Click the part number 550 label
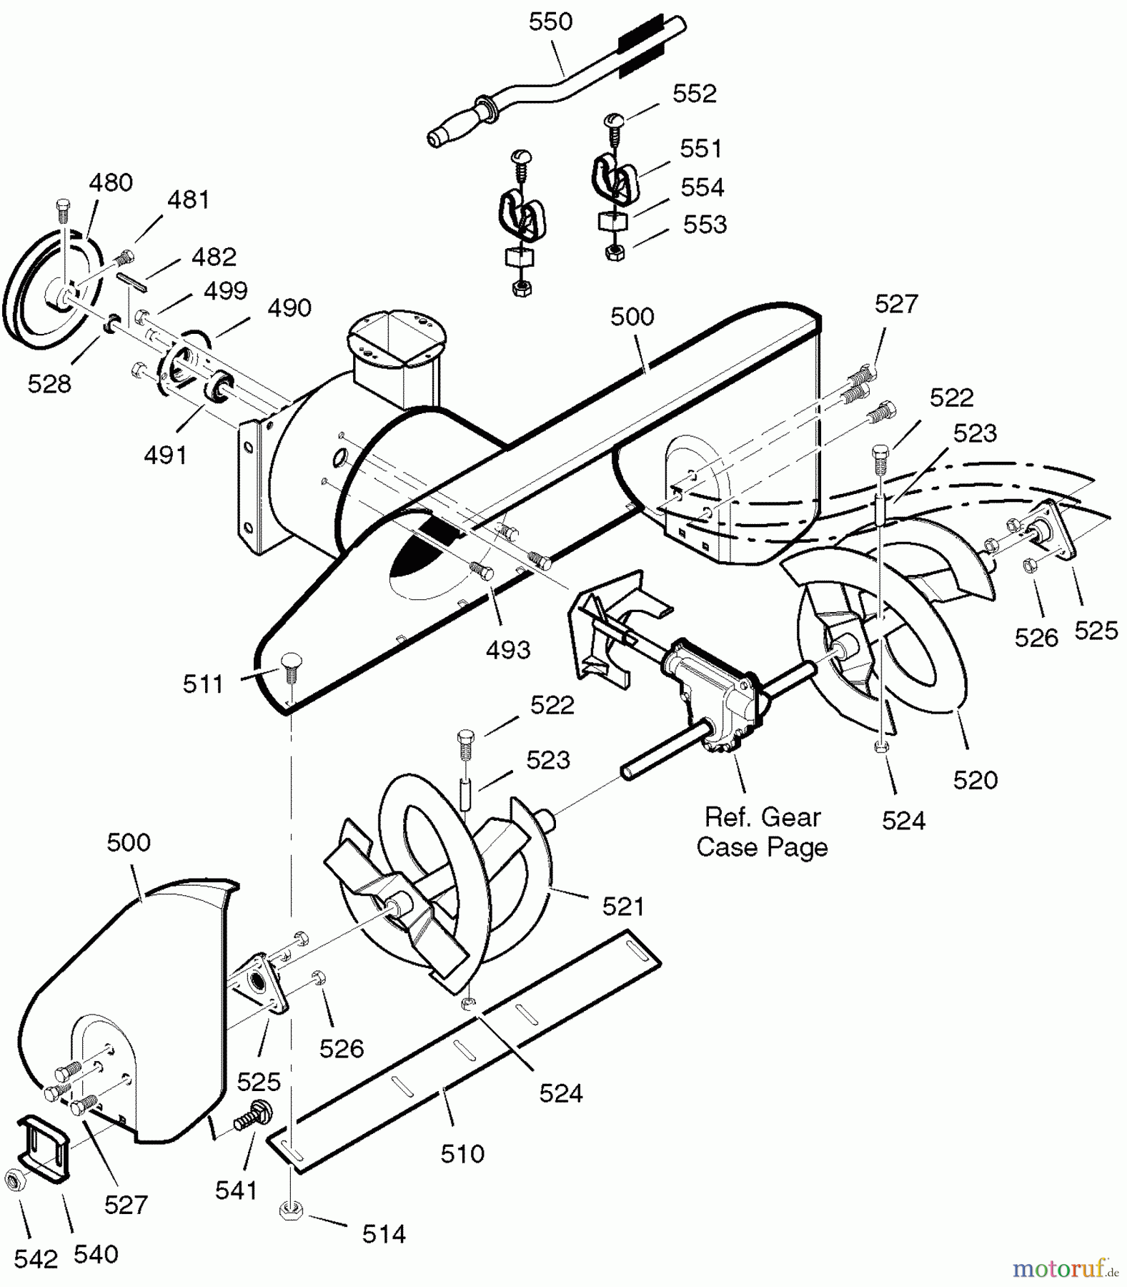[550, 22]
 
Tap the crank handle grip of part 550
[455, 127]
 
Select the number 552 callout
[694, 94]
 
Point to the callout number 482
[214, 257]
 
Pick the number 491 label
[165, 455]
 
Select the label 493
[507, 650]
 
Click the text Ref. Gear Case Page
[762, 832]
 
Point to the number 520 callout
[975, 780]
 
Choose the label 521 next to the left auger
[623, 907]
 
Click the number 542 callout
[36, 1259]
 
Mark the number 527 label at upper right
[895, 304]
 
